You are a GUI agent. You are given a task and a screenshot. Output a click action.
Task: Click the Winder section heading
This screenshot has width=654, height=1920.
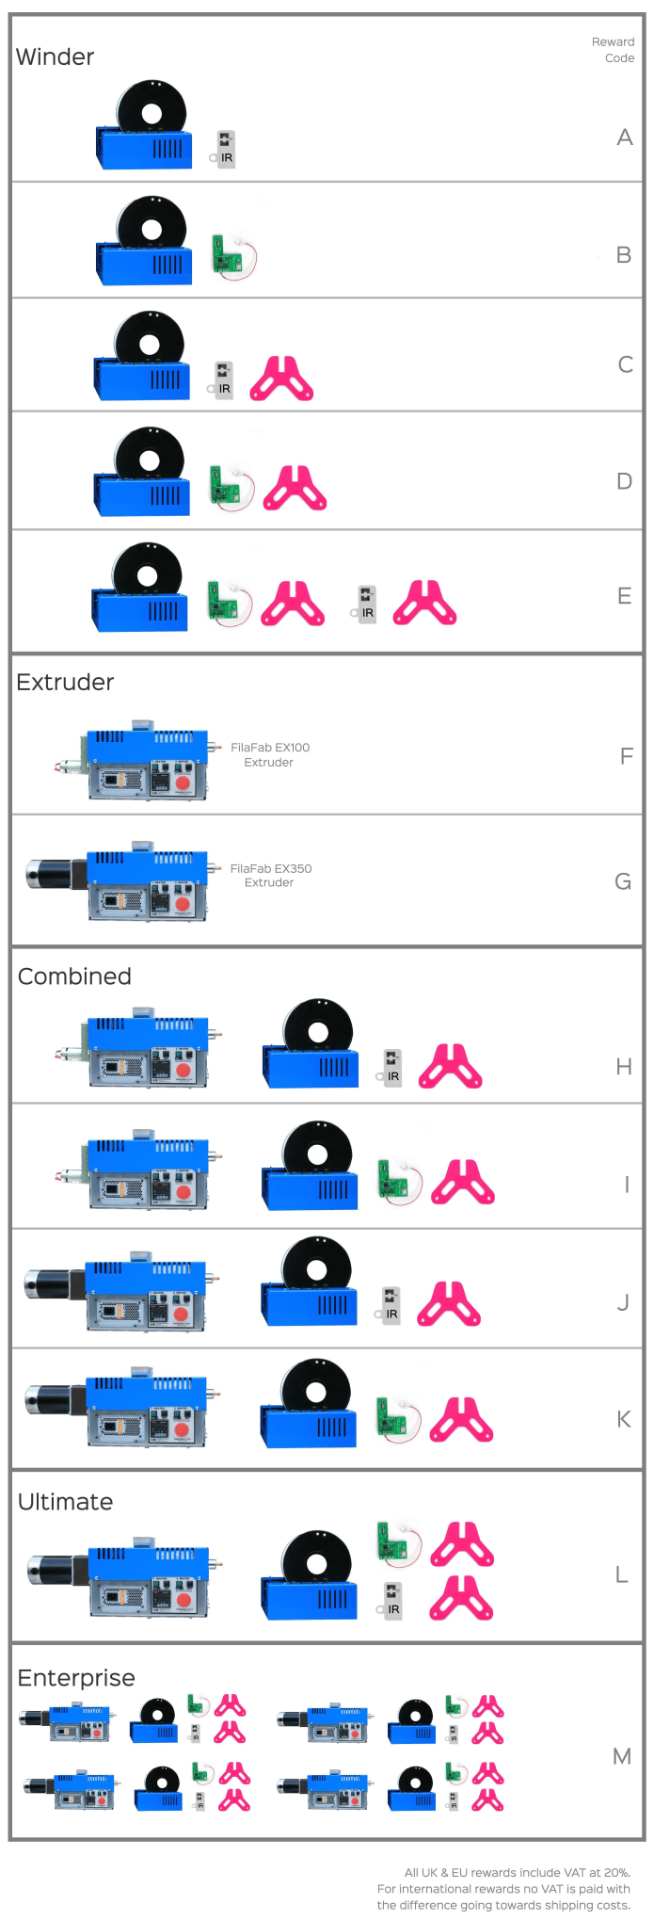56,57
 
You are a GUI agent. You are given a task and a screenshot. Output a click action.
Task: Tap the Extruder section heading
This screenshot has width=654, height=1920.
65,682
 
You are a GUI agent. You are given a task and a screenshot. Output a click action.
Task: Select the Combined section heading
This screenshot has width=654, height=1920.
74,976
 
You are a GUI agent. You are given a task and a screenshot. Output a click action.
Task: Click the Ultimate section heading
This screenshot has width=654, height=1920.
65,1502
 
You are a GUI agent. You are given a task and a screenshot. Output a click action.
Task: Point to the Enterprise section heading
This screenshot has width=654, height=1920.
76,1678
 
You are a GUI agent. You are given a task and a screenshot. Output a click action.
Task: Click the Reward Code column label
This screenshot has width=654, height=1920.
613,50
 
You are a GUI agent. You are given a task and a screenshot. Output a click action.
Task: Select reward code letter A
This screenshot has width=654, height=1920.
625,137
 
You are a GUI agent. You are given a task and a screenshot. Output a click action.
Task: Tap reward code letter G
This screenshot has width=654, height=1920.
623,881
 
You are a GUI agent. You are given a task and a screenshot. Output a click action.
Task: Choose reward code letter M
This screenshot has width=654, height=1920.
622,1756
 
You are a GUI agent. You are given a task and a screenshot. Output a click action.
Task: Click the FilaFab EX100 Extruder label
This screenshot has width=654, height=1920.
270,754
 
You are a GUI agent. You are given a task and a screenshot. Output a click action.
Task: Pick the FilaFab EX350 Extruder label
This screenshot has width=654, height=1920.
270,875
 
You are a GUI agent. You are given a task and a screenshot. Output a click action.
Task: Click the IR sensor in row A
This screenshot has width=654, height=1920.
224,149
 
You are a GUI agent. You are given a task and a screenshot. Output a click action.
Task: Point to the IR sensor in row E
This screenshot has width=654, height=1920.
365,604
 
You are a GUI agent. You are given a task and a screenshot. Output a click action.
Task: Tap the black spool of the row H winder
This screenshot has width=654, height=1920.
318,1030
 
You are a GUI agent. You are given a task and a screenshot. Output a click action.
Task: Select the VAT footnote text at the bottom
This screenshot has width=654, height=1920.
503,1888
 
